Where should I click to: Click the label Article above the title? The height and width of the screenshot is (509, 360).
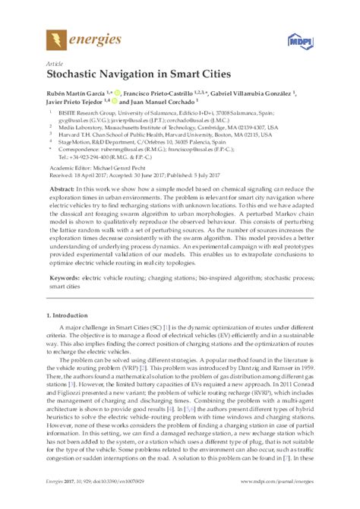pos(54,64)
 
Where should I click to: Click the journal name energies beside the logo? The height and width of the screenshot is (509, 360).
pos(95,39)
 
